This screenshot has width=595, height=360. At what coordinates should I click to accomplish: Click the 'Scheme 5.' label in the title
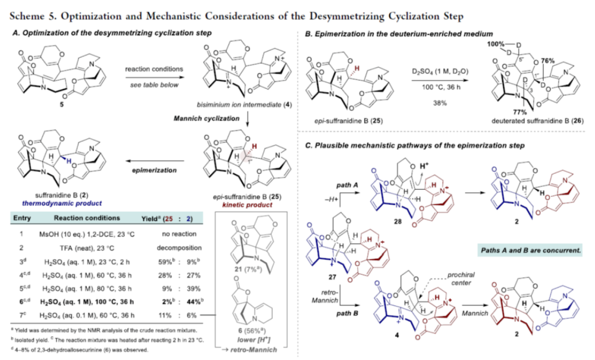(x=31, y=15)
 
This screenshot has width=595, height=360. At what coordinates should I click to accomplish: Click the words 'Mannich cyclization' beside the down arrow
(x=198, y=118)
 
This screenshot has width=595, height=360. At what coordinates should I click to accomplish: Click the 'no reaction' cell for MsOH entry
(x=165, y=234)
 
